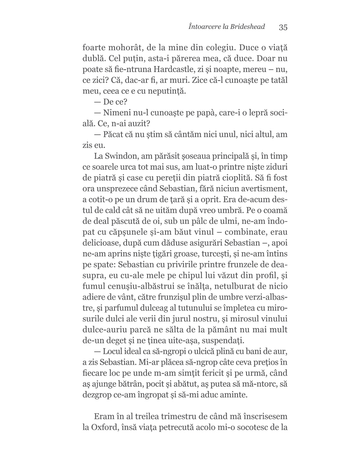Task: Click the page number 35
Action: [283, 27]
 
